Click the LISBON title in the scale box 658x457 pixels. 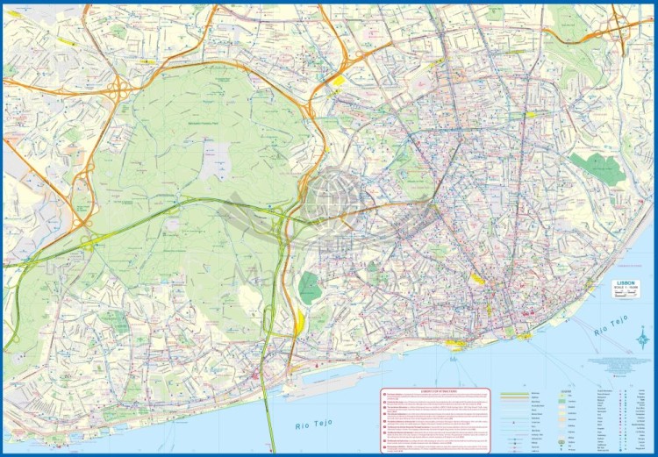click(x=626, y=284)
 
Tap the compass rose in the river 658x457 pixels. click(x=642, y=332)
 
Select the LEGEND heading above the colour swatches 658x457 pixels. click(x=568, y=391)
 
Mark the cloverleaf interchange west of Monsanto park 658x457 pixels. click(x=89, y=239)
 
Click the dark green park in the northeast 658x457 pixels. click(x=597, y=168)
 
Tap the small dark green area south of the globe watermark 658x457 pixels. click(x=309, y=287)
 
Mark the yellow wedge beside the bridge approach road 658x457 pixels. click(x=299, y=324)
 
